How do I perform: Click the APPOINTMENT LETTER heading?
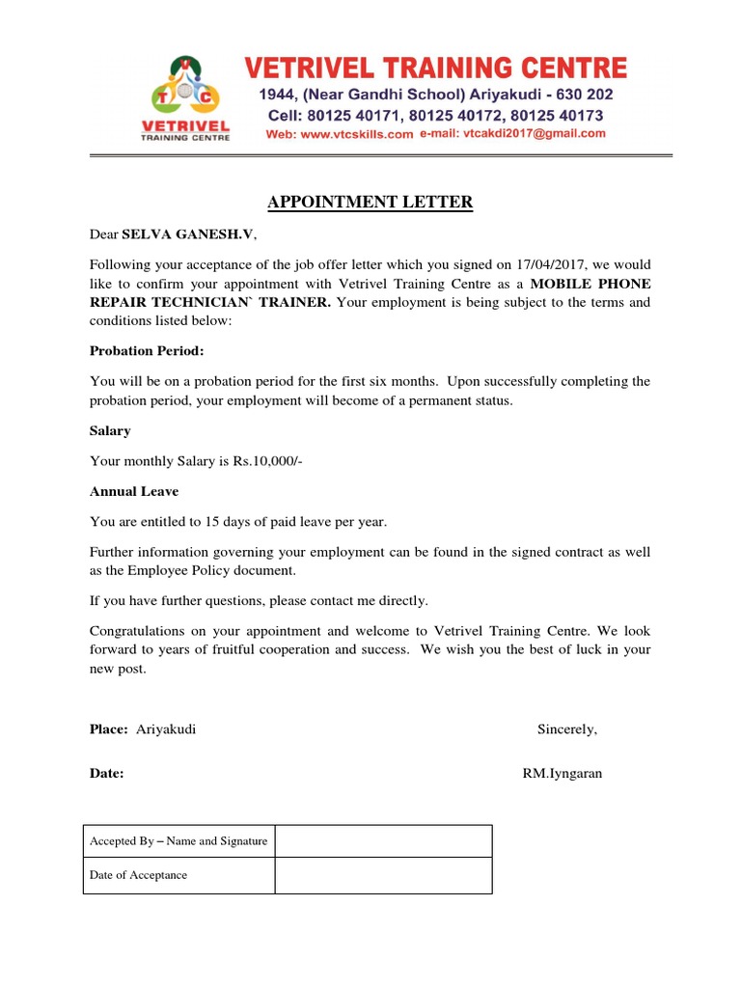tap(370, 202)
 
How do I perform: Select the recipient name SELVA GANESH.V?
tap(189, 234)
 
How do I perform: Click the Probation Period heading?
tap(147, 350)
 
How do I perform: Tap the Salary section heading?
tap(110, 431)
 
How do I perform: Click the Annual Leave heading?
tap(134, 491)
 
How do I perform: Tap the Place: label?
tap(109, 728)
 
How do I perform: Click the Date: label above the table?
tap(106, 773)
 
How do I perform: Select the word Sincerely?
tap(567, 728)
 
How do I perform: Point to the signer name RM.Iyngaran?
tap(562, 773)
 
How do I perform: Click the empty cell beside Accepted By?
tap(383, 841)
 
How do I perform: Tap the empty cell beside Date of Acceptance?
tap(383, 875)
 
